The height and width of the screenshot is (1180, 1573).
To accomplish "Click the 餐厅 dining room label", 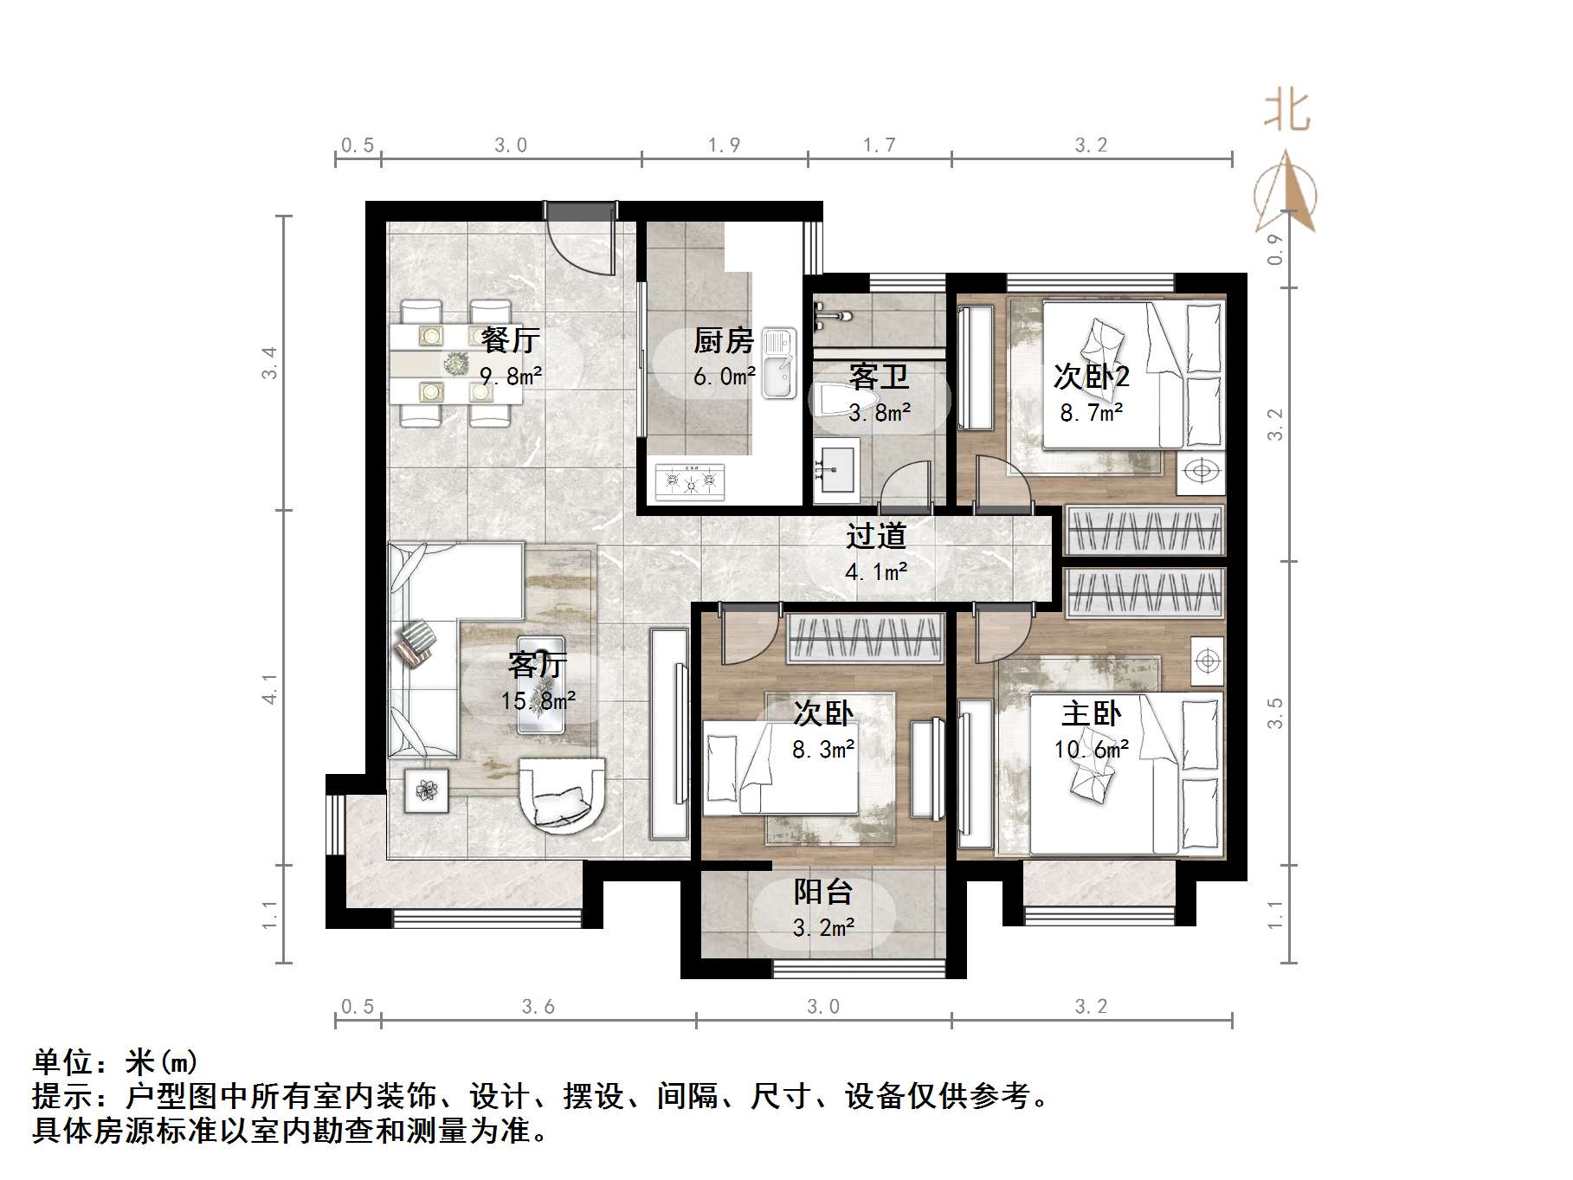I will [511, 340].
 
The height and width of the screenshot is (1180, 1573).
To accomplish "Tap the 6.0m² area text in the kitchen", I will [724, 377].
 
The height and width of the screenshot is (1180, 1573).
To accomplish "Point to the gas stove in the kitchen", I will [690, 481].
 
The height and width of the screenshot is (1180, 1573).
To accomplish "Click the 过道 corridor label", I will [876, 536].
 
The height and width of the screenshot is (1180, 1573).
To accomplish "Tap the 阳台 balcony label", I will [823, 892].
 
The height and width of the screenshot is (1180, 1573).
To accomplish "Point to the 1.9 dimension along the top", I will [724, 145].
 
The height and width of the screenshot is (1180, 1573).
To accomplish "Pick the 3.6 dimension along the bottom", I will [538, 1007].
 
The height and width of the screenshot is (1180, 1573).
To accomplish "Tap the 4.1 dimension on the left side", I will [271, 688].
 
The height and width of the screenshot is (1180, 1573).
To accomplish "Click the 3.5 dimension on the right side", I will [1274, 713].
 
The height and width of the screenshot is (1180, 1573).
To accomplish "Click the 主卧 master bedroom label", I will [1091, 714].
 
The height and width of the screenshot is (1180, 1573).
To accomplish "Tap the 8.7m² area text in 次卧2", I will [1091, 413].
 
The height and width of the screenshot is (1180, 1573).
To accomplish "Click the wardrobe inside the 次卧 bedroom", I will [865, 639].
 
